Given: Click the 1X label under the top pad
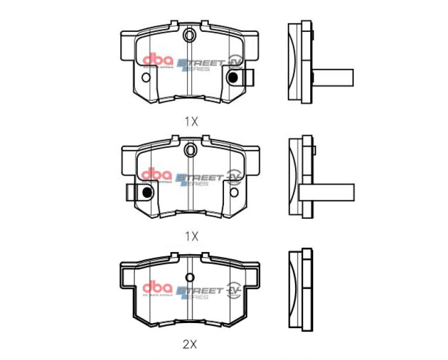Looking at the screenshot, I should (x=191, y=121).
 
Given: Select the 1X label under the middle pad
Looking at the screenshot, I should (x=191, y=236).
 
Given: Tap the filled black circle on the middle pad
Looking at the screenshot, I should (x=147, y=192).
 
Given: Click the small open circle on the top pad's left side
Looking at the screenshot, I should (x=146, y=78).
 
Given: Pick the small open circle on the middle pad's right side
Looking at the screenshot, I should (x=235, y=192).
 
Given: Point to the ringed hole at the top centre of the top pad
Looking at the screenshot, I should (x=190, y=36).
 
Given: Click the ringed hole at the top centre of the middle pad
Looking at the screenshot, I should (x=190, y=149).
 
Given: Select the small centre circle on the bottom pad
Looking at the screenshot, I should (x=190, y=277).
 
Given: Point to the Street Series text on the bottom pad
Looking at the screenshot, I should (x=198, y=292).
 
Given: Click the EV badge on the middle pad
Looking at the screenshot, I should (x=234, y=177).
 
